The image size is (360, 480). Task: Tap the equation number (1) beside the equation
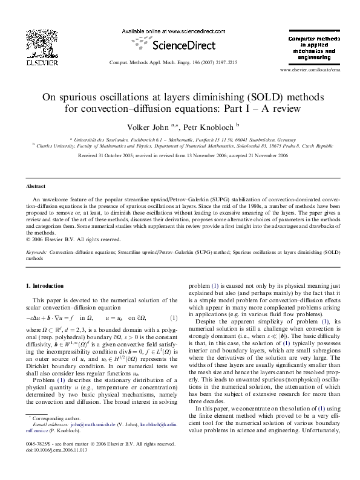[x=174, y=317]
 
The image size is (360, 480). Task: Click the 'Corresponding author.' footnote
[x=58, y=435]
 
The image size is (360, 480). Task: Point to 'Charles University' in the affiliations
[x=55, y=146]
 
